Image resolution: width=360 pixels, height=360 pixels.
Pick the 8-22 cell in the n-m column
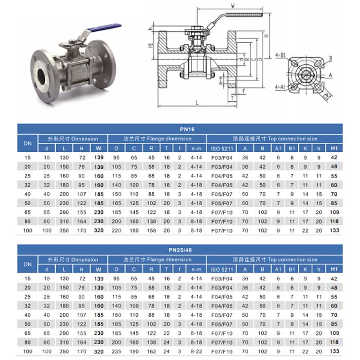coord(194,352)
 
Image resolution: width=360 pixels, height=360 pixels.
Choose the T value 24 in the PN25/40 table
coord(166,352)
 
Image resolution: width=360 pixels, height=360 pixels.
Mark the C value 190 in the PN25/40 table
coord(134,352)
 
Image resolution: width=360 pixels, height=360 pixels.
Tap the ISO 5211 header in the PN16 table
coord(223,148)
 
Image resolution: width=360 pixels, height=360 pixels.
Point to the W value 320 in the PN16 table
coord(99,231)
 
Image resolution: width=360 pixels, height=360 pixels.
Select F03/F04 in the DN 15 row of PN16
coord(223,157)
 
